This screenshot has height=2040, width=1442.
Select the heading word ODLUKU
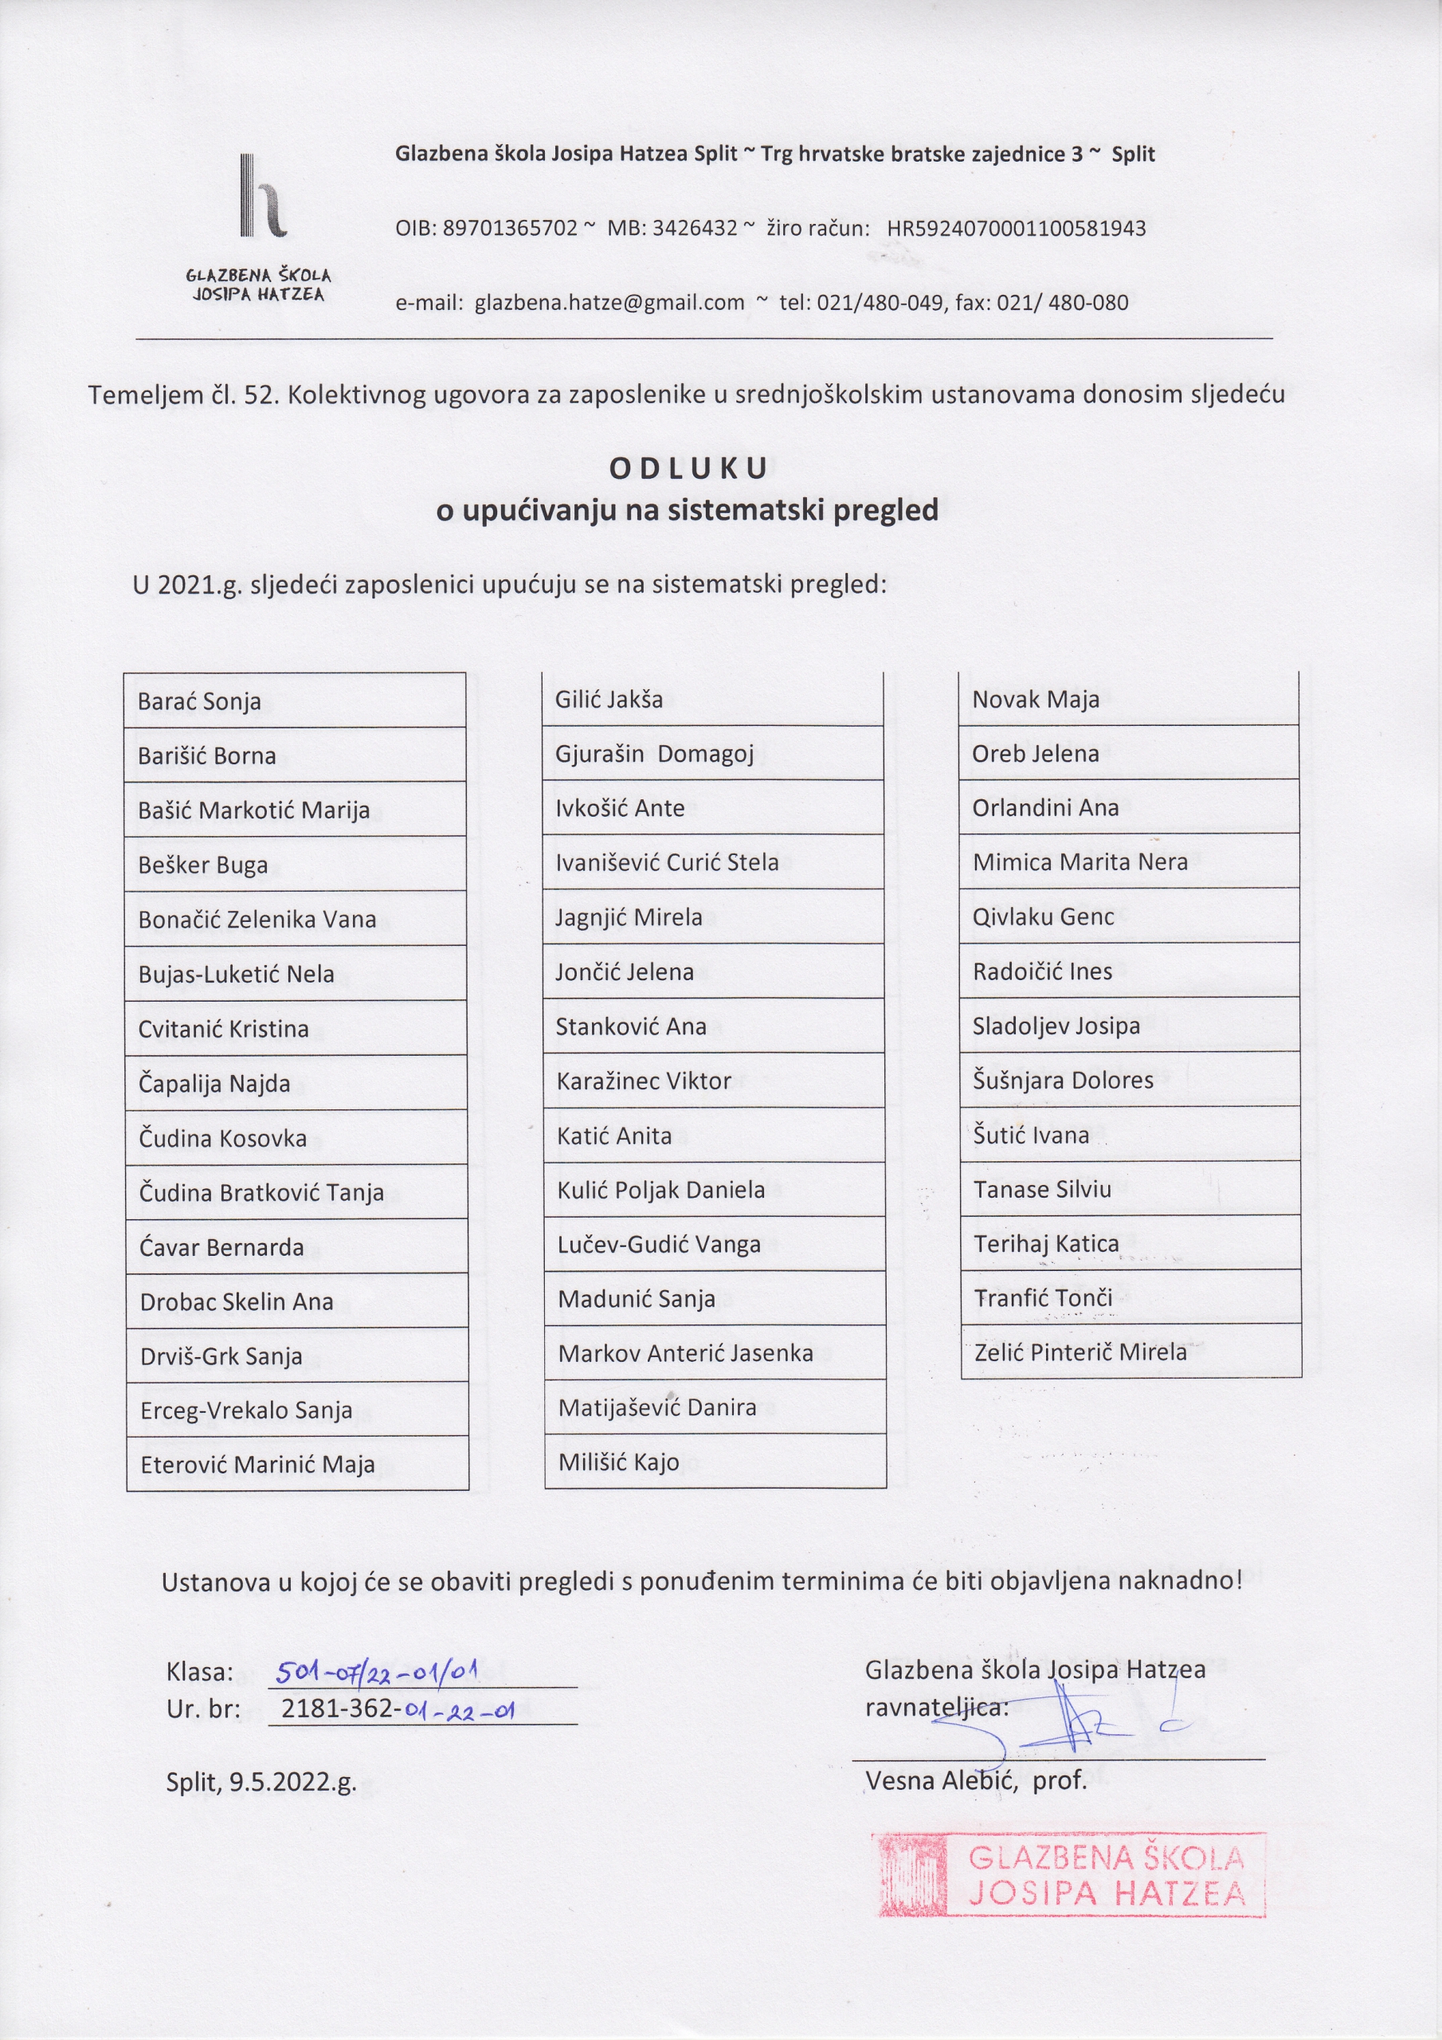point(688,469)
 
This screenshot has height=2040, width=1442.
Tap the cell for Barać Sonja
point(295,701)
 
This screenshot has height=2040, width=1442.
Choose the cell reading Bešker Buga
point(295,865)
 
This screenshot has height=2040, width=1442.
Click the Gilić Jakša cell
point(712,699)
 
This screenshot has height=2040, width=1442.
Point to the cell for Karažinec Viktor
point(714,1081)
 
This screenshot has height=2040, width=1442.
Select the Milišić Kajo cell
point(715,1461)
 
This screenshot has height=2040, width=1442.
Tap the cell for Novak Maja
point(1128,698)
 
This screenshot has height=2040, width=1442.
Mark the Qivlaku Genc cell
point(1129,916)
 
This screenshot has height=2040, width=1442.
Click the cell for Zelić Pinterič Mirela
point(1131,1351)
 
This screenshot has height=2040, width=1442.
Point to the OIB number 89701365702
point(510,229)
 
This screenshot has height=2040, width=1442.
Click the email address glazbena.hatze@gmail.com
point(609,303)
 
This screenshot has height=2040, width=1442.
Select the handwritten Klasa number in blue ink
point(378,1674)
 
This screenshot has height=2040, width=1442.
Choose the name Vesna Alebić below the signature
point(941,1780)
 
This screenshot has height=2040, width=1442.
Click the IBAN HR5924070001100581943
point(1016,229)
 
